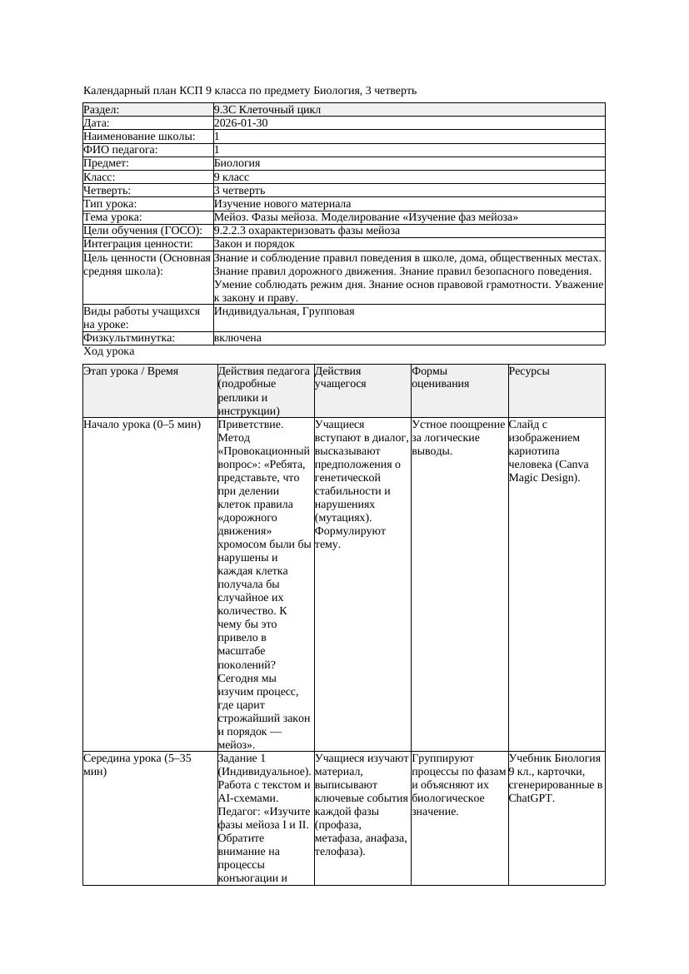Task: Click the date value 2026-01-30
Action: [x=241, y=123]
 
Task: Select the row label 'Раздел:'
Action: [x=102, y=110]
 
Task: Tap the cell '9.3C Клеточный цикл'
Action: [x=267, y=110]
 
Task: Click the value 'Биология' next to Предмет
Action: [x=237, y=164]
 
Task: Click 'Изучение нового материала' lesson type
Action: [x=282, y=204]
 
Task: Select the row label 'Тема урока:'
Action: [x=113, y=217]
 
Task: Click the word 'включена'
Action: [x=237, y=339]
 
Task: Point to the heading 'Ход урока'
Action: [x=109, y=352]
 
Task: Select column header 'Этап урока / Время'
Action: [x=132, y=371]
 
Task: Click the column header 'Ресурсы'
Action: [x=529, y=371]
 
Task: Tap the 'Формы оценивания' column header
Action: [x=441, y=377]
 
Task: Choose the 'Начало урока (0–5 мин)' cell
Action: [x=142, y=425]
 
